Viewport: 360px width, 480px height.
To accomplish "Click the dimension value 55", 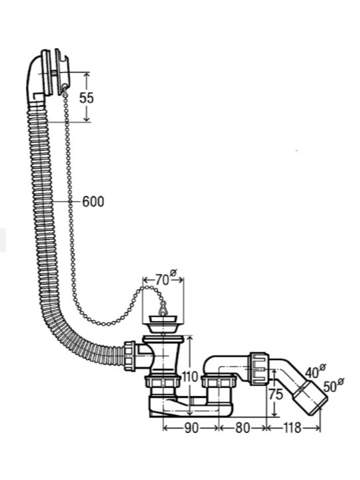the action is coord(86,98).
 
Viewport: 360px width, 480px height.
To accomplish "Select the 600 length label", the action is coord(93,201).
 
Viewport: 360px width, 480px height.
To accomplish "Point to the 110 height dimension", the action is coord(190,377).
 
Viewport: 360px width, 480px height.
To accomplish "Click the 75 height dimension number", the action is coord(275,395).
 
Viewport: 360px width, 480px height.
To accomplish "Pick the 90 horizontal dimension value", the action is coord(191,428).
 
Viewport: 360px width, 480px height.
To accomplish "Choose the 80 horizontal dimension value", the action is coord(243,428).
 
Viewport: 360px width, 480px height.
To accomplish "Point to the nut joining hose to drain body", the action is coord(130,356).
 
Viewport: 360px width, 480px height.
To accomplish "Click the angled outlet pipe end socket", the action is coord(310,397).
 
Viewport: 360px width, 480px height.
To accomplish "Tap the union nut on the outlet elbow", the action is coord(259,368).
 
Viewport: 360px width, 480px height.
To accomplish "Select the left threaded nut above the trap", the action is coord(163,382).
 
